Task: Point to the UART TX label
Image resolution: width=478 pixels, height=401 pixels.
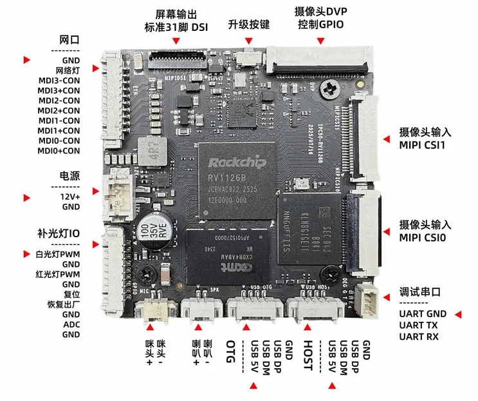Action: [x=418, y=325]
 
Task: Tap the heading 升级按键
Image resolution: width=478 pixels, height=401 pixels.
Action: [x=249, y=24]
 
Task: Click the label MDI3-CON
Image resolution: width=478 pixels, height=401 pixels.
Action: [x=59, y=81]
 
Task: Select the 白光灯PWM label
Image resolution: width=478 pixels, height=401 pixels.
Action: [x=58, y=254]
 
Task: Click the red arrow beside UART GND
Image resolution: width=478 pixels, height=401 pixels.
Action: [x=459, y=314]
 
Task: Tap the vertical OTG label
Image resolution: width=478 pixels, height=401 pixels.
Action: [x=230, y=353]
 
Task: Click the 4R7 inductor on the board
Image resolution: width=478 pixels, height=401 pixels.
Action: [x=154, y=151]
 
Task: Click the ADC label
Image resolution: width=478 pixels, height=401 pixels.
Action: [x=71, y=324]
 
